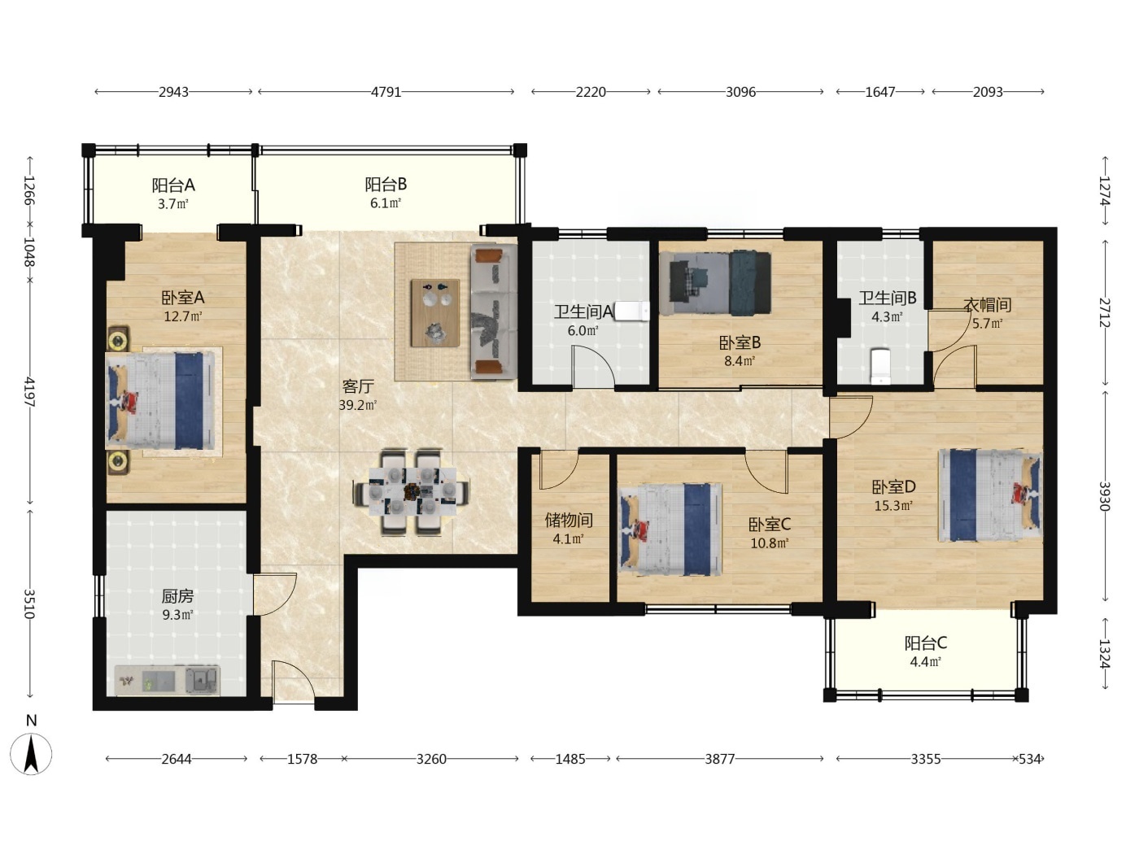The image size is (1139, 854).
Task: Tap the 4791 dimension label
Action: [386, 92]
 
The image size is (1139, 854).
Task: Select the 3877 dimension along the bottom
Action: [720, 759]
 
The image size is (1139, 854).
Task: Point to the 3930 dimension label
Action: [1103, 496]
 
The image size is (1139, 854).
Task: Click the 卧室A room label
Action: [183, 298]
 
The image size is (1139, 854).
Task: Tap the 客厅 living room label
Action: [357, 386]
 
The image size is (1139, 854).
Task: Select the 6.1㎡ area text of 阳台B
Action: [386, 203]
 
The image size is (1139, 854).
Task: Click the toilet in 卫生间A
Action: [632, 312]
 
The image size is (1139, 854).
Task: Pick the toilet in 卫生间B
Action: [880, 366]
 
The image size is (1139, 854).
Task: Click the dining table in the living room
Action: [412, 491]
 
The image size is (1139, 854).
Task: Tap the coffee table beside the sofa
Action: [435, 312]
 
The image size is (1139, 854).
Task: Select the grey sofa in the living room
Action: [494, 312]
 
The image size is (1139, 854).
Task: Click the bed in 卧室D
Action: [990, 495]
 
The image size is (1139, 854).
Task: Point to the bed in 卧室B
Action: [718, 284]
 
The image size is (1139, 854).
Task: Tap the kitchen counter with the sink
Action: [167, 680]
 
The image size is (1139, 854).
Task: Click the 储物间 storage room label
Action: [569, 520]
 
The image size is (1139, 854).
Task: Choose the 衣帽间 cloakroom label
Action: [988, 305]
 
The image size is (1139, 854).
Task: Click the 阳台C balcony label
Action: [926, 643]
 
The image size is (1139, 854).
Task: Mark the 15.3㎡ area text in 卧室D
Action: [893, 506]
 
